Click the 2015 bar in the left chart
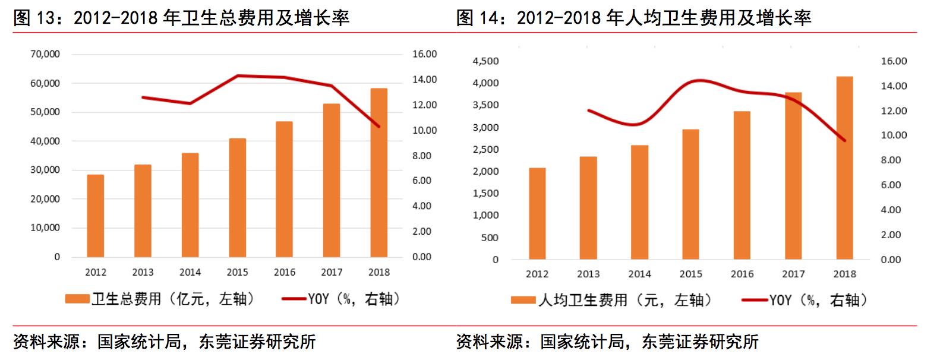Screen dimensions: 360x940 237,198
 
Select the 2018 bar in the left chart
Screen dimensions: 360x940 378,173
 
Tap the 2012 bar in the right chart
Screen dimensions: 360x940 537,214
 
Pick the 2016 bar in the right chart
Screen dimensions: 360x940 742,185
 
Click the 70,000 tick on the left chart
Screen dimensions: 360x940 45,54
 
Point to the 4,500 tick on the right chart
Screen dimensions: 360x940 485,61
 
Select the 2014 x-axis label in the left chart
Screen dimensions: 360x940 190,272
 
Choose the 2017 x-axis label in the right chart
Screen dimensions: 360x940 793,274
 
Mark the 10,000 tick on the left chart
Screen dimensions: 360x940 45,228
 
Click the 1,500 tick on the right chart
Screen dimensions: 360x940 485,194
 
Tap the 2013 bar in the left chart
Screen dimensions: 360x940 143,211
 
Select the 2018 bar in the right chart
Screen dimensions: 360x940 844,168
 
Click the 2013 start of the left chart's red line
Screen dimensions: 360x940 143,97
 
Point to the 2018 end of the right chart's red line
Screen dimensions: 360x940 844,141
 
